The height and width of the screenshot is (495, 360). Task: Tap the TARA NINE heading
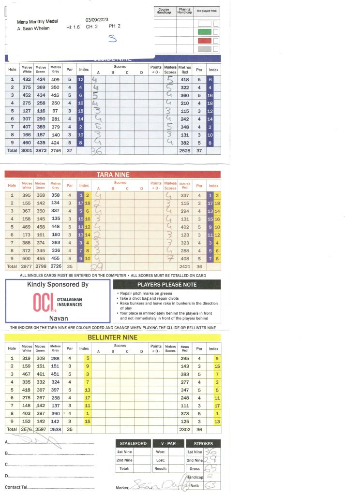[x=112, y=175]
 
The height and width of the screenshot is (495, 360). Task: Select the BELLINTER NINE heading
[x=112, y=337]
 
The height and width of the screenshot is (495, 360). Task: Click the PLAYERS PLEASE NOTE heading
[x=166, y=285]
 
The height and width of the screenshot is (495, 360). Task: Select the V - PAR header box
[x=167, y=443]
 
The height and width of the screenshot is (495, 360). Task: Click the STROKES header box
[x=203, y=443]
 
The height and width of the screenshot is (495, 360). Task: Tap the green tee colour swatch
[x=205, y=32]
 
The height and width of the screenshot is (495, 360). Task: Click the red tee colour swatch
[x=205, y=40]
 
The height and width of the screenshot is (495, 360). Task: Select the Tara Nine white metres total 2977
[x=27, y=266]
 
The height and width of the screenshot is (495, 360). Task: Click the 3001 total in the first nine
[x=27, y=150]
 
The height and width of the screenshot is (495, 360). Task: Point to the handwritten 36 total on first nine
[x=96, y=151]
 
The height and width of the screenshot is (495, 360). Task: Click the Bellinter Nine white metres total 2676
[x=27, y=429]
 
